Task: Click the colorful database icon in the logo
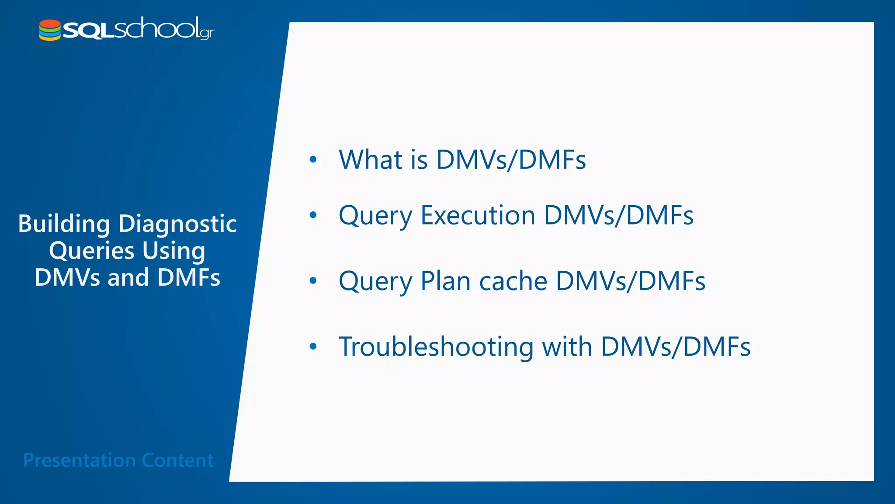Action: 50,30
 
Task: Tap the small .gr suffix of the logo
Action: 207,33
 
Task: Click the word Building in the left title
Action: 64,224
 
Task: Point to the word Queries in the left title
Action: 92,251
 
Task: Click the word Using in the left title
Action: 173,251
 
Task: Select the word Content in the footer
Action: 177,460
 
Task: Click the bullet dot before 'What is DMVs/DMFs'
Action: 313,159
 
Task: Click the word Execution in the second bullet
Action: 478,215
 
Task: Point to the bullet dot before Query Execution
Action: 313,215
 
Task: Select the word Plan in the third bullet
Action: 445,281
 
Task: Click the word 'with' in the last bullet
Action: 567,346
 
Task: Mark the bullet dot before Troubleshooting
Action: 313,346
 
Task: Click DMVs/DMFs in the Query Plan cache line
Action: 630,281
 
